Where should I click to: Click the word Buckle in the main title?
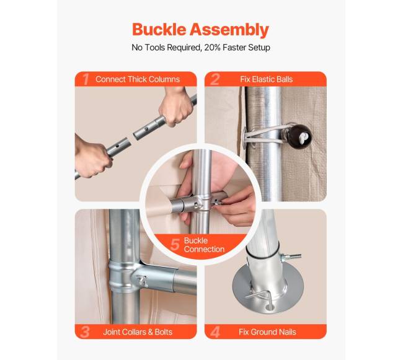click(x=159, y=29)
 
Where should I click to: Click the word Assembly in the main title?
click(x=229, y=30)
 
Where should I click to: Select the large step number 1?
click(x=86, y=79)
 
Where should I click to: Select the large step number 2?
click(x=215, y=79)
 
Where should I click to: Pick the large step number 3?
click(x=84, y=331)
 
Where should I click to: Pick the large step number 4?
click(x=215, y=331)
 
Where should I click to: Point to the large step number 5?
click(x=175, y=245)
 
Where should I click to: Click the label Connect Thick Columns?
click(x=138, y=79)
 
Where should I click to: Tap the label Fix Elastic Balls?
click(x=266, y=79)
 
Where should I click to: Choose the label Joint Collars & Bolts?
click(x=138, y=332)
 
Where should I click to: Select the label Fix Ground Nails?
click(x=267, y=332)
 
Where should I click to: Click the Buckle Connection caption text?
click(x=204, y=245)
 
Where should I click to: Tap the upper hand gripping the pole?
click(x=176, y=107)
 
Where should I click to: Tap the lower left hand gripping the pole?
click(x=92, y=157)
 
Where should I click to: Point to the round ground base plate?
click(x=268, y=288)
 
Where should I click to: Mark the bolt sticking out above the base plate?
click(x=291, y=257)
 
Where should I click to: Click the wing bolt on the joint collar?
click(x=143, y=281)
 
